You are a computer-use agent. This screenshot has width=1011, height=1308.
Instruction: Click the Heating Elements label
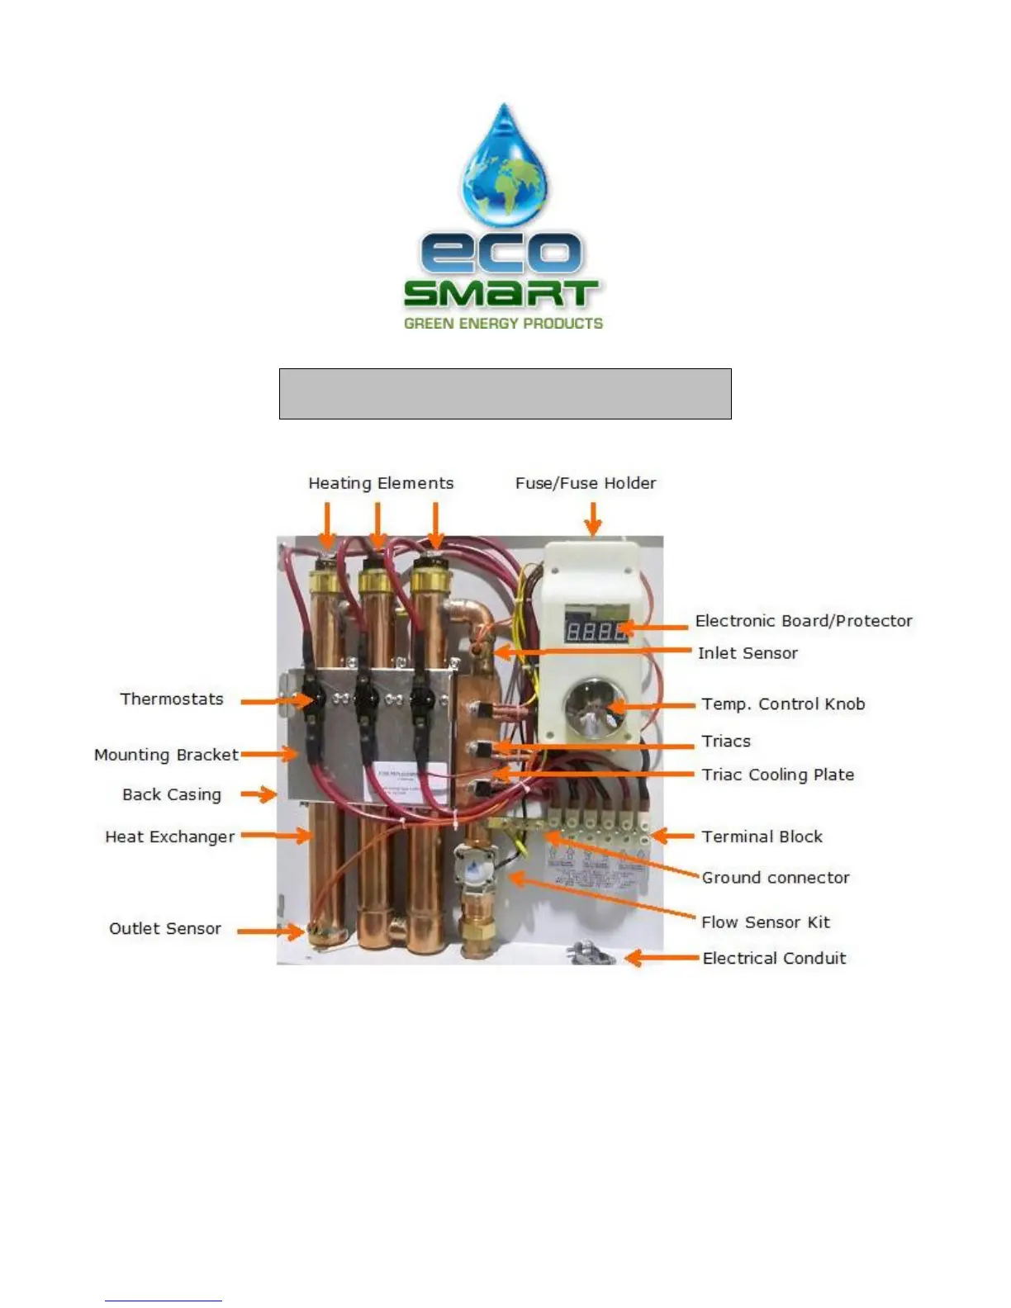(x=381, y=483)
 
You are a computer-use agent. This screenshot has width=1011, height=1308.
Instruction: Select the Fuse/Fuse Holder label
(x=586, y=483)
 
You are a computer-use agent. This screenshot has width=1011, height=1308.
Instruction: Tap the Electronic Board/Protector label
(x=804, y=621)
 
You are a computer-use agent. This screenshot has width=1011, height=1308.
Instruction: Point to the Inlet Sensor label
(x=748, y=653)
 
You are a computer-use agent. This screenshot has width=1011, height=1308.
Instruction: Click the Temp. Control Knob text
(x=783, y=704)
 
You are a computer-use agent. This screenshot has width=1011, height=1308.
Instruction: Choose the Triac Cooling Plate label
(x=777, y=775)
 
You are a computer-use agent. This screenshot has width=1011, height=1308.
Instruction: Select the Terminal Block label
(x=762, y=836)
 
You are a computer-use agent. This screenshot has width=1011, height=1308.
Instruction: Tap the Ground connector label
(x=775, y=878)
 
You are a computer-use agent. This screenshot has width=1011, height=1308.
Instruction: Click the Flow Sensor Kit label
(x=765, y=922)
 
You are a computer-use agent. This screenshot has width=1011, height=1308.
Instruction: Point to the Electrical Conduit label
(x=774, y=958)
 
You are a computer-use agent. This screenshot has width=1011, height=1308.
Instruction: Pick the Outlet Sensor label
(x=165, y=928)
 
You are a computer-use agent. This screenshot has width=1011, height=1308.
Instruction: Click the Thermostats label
(x=172, y=699)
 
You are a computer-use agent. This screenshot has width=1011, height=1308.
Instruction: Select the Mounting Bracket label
(x=166, y=755)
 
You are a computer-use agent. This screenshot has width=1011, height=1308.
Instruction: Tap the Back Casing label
(x=172, y=794)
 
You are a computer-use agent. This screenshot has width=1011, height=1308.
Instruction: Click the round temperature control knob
(x=591, y=706)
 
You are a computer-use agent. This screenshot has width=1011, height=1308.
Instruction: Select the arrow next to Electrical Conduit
(x=661, y=958)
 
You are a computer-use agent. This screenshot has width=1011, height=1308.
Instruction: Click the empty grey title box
(x=505, y=394)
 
